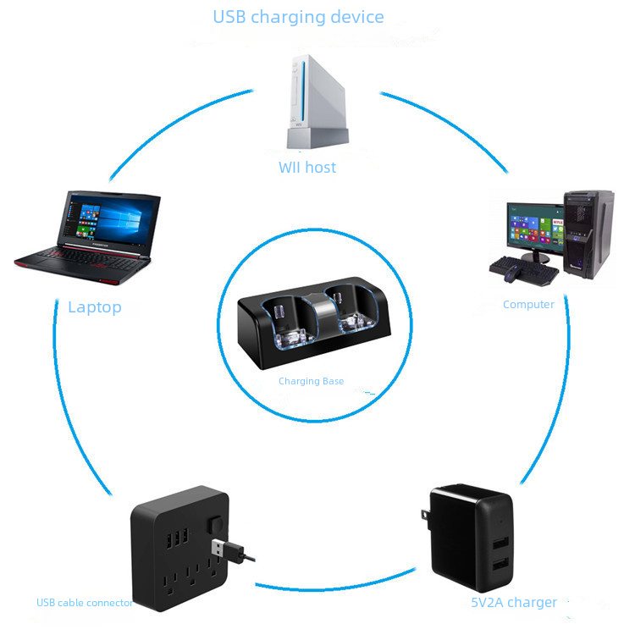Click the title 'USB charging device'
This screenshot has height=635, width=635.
[x=298, y=17]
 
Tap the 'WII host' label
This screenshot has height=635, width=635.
[x=307, y=168]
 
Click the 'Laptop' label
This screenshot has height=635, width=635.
[x=95, y=307]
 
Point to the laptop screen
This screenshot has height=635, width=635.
[x=110, y=218]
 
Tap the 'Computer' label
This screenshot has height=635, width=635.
[x=528, y=305]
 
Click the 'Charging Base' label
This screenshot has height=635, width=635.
[x=311, y=382]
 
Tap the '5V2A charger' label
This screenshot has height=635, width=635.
[x=514, y=603]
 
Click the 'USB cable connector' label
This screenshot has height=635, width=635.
[x=85, y=603]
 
